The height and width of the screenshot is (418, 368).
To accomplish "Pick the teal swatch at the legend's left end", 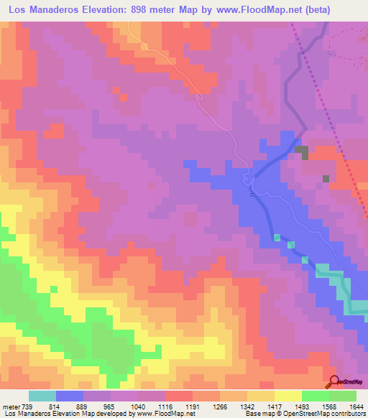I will point(42,396).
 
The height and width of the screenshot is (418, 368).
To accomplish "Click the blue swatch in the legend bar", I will point(70,396).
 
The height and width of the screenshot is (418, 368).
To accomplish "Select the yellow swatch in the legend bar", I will point(287,396).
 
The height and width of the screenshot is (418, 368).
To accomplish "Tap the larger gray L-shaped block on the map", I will point(301,152).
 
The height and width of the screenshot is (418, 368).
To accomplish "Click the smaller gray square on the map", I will point(326,178).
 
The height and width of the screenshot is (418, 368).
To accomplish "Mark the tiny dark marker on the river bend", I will point(251,194).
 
